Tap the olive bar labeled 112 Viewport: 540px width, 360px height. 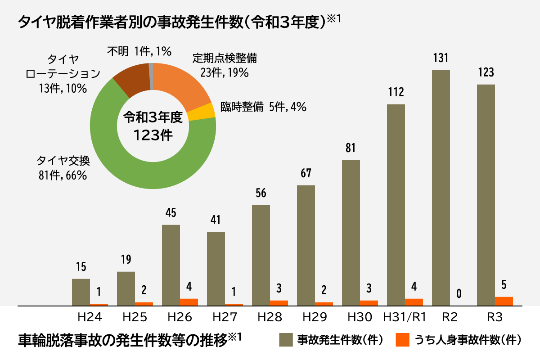click(x=396, y=205)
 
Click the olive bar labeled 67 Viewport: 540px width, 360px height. click(x=306, y=245)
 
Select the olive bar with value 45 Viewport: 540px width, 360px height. click(x=171, y=265)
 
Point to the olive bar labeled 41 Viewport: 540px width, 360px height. click(x=216, y=269)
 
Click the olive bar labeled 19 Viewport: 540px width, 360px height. click(x=126, y=288)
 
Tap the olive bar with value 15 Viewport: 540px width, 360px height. click(x=81, y=292)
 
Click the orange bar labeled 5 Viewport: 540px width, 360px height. click(x=504, y=301)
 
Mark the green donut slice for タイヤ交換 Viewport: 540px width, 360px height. click(x=148, y=173)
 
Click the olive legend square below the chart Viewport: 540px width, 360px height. click(x=286, y=340)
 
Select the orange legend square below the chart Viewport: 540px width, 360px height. click(x=402, y=340)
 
